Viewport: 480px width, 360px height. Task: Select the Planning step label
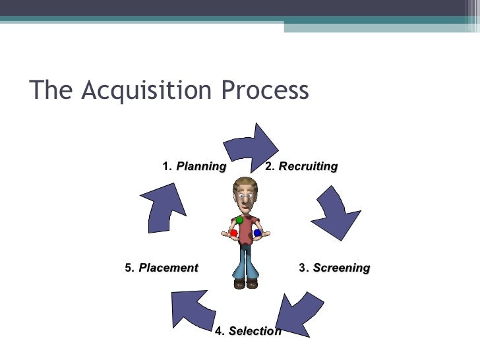[x=201, y=166]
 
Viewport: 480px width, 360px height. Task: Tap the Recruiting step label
[x=308, y=166]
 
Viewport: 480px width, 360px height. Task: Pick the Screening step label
[x=341, y=268]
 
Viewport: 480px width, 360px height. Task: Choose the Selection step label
[x=255, y=331]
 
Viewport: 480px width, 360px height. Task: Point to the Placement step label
[x=168, y=268]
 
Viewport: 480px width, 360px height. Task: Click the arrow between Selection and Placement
[x=194, y=309]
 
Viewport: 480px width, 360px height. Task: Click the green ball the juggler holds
[x=239, y=220]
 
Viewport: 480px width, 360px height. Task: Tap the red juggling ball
[x=233, y=233]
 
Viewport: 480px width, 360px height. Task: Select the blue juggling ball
[x=257, y=233]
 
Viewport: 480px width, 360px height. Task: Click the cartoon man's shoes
[x=245, y=284]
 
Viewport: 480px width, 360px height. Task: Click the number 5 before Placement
[x=129, y=268]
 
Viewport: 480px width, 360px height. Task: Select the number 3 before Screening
[x=303, y=268]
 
